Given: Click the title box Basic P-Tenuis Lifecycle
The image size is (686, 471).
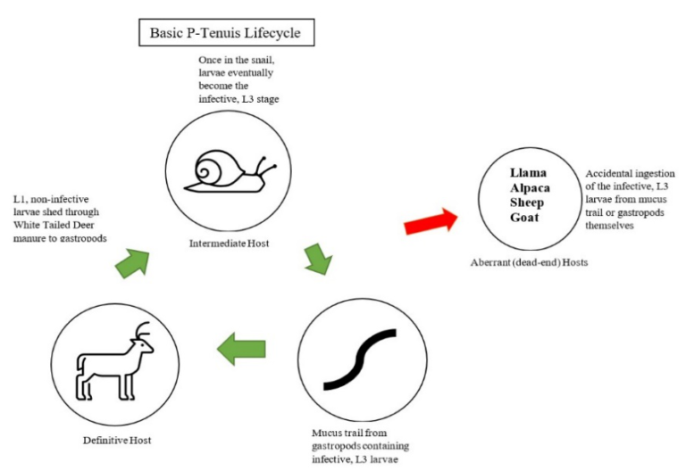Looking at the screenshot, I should pos(227,35).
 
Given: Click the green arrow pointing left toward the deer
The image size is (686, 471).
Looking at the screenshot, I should pos(244,349).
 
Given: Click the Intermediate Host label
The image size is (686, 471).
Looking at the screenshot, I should pos(230,242).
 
